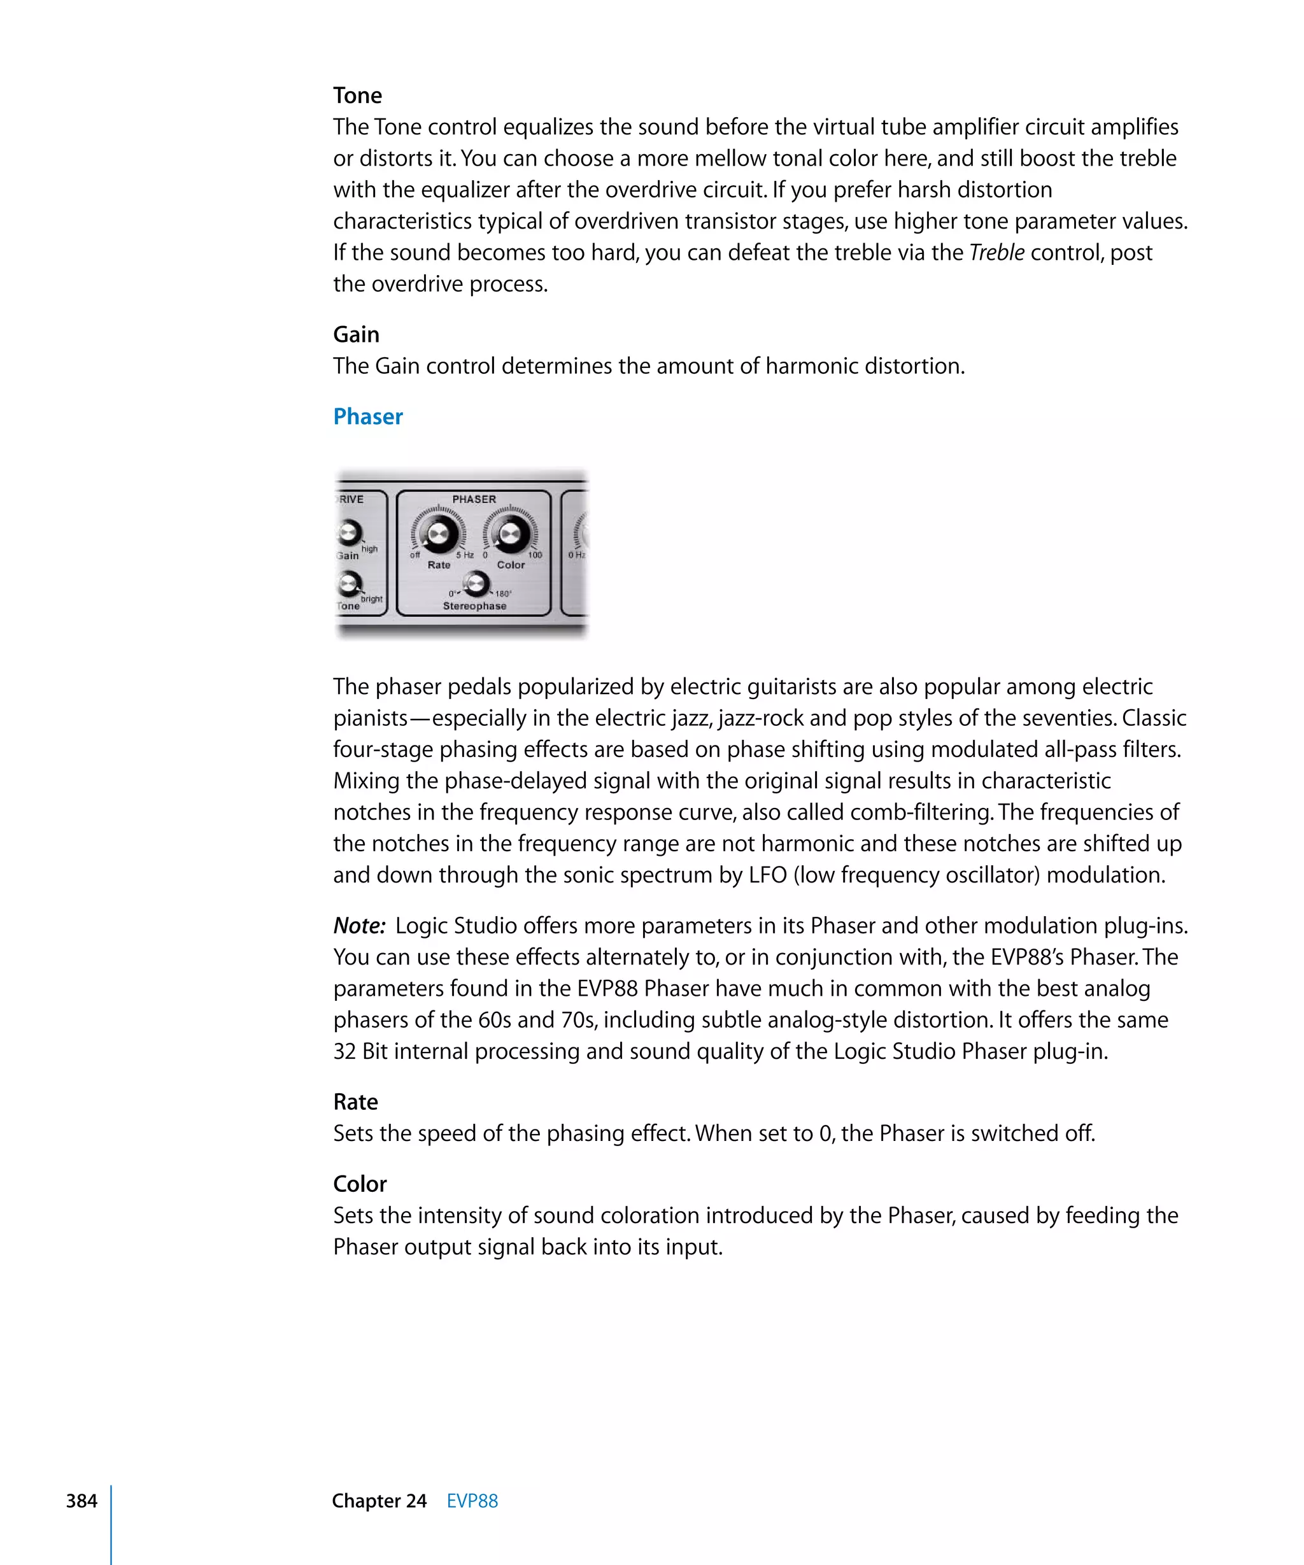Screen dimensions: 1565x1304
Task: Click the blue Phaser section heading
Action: pos(367,416)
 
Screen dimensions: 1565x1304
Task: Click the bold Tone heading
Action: pos(357,96)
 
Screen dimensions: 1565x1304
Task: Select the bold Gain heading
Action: pos(355,335)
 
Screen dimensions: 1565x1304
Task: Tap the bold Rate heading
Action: pos(355,1101)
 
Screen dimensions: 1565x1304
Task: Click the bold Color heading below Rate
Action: pos(359,1184)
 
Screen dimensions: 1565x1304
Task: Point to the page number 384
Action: pos(81,1501)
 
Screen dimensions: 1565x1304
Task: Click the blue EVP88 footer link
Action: pos(472,1501)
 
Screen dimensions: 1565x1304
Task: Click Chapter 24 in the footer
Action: pos(379,1501)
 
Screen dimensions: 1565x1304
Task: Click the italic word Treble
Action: pos(996,253)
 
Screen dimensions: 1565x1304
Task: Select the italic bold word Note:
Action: pos(359,926)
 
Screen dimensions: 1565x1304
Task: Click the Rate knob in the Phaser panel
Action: pos(438,534)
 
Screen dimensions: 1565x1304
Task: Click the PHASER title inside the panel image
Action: pos(474,499)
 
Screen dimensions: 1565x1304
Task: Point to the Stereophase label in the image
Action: pos(474,606)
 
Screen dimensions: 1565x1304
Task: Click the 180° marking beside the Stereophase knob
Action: pos(504,594)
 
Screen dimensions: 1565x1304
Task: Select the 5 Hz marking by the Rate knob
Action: pos(465,555)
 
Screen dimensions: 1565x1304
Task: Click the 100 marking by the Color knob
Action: pos(535,555)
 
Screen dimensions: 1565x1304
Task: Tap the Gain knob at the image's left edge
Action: pos(349,532)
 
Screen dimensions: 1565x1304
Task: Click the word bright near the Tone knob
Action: pos(371,598)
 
